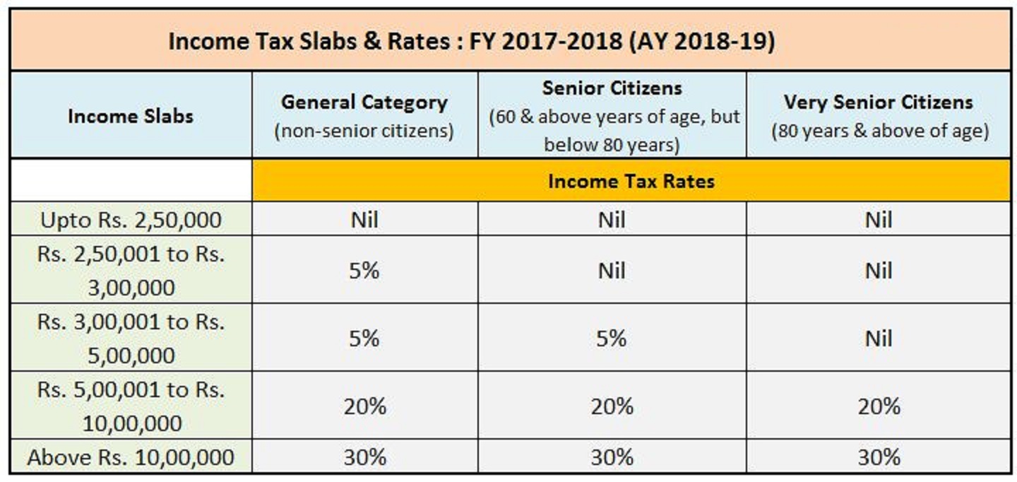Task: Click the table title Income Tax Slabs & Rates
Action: click(x=471, y=41)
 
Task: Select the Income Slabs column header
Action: click(x=131, y=116)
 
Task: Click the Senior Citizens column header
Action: click(x=612, y=115)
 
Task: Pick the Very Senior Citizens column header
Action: click(x=879, y=115)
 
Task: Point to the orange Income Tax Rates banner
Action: click(x=631, y=181)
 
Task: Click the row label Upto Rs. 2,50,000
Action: click(x=131, y=220)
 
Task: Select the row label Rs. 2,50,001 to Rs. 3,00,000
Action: click(x=131, y=270)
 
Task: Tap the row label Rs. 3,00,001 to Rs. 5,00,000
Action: click(x=131, y=338)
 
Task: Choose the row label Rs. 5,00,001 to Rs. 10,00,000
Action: click(x=131, y=406)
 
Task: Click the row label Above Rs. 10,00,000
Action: click(x=131, y=457)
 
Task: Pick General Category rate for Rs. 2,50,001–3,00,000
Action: click(x=364, y=270)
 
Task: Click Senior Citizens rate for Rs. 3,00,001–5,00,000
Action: click(x=612, y=338)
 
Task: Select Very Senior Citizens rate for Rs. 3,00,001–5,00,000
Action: click(x=879, y=338)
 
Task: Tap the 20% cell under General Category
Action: click(x=364, y=406)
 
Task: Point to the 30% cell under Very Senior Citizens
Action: click(x=879, y=457)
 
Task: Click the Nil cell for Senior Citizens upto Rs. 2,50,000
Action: click(x=612, y=220)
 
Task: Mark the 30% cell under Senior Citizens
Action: click(x=612, y=457)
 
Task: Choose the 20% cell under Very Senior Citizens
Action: click(x=879, y=406)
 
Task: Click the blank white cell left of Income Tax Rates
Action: click(x=131, y=180)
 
